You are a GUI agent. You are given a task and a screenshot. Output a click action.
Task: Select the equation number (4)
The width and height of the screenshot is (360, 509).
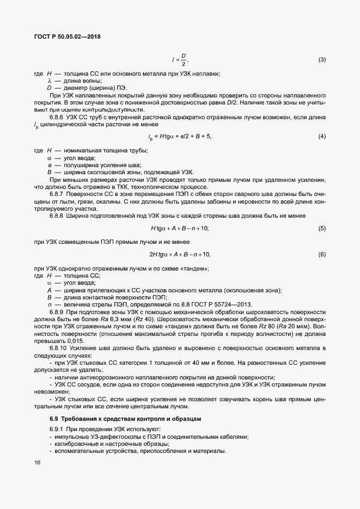[x=322, y=136]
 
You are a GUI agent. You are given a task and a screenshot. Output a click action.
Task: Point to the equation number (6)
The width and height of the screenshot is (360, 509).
[x=322, y=254]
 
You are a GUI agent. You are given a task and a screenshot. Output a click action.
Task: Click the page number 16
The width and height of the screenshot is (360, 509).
[x=38, y=463]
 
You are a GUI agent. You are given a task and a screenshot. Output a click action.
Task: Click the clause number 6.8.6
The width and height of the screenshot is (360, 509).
[x=57, y=116]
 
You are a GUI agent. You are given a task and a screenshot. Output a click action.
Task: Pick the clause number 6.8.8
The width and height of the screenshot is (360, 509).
[x=57, y=216]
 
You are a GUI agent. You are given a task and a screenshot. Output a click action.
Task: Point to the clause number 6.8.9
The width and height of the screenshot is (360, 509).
[x=57, y=313]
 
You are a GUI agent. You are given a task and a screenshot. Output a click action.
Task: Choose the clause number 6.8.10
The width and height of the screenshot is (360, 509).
[x=58, y=348]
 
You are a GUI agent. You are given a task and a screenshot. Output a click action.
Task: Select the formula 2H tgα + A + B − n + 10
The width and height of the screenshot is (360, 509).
[x=180, y=254]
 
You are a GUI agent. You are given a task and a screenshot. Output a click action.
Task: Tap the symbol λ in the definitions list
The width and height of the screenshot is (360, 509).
[x=50, y=81]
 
